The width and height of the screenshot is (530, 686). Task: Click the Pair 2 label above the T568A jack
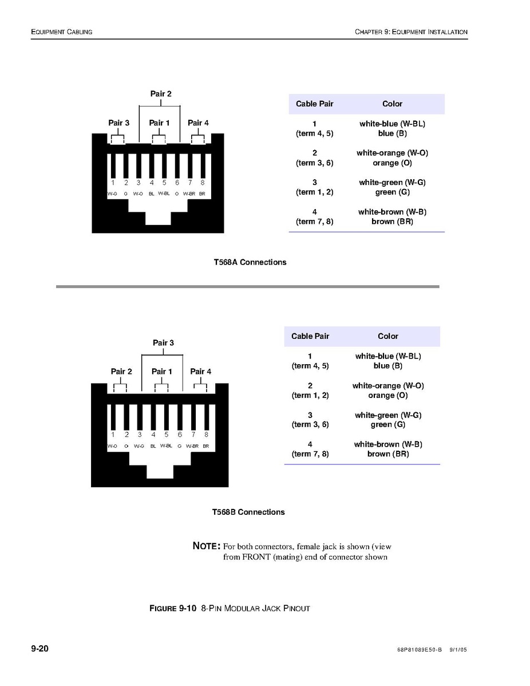(161, 94)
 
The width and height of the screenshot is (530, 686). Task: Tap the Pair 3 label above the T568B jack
(163, 343)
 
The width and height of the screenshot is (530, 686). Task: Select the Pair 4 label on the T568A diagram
(198, 123)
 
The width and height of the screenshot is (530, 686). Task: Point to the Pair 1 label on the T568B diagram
(161, 372)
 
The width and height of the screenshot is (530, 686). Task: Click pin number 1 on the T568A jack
(113, 183)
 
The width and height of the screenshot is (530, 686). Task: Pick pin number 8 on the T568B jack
(206, 435)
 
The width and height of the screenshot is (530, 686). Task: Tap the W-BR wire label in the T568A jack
(189, 194)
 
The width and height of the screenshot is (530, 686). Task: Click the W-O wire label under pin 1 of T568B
(112, 446)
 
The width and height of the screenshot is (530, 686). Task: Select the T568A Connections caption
(250, 262)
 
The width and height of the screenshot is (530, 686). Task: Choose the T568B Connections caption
(248, 512)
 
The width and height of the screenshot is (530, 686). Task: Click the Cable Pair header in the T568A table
(314, 104)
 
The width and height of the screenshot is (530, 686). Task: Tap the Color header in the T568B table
(387, 336)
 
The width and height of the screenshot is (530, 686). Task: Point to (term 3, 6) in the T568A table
(314, 163)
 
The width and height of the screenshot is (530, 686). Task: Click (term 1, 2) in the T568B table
(310, 395)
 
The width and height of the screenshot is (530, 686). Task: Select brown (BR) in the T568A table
(392, 222)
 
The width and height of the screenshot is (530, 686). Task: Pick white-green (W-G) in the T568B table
(387, 415)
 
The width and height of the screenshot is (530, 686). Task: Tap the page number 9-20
(39, 649)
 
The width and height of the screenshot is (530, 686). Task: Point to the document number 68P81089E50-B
(419, 650)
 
